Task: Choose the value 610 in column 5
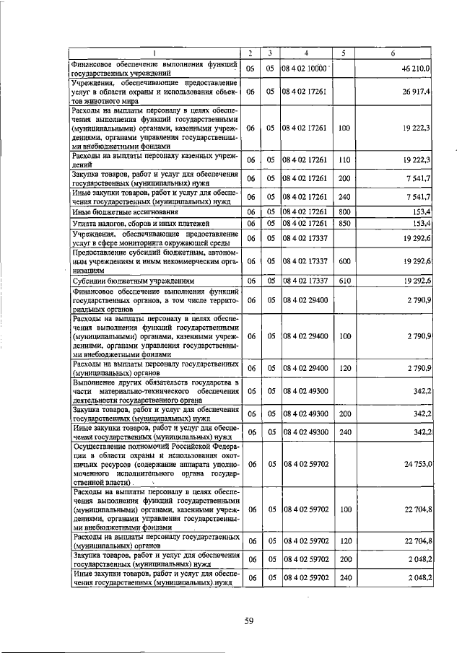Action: [x=344, y=281]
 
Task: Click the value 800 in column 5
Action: [x=344, y=211]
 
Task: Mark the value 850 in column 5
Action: [x=344, y=224]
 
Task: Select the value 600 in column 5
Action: [x=344, y=261]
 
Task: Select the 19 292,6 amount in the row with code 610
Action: [x=417, y=281]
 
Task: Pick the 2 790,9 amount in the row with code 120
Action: [x=419, y=369]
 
